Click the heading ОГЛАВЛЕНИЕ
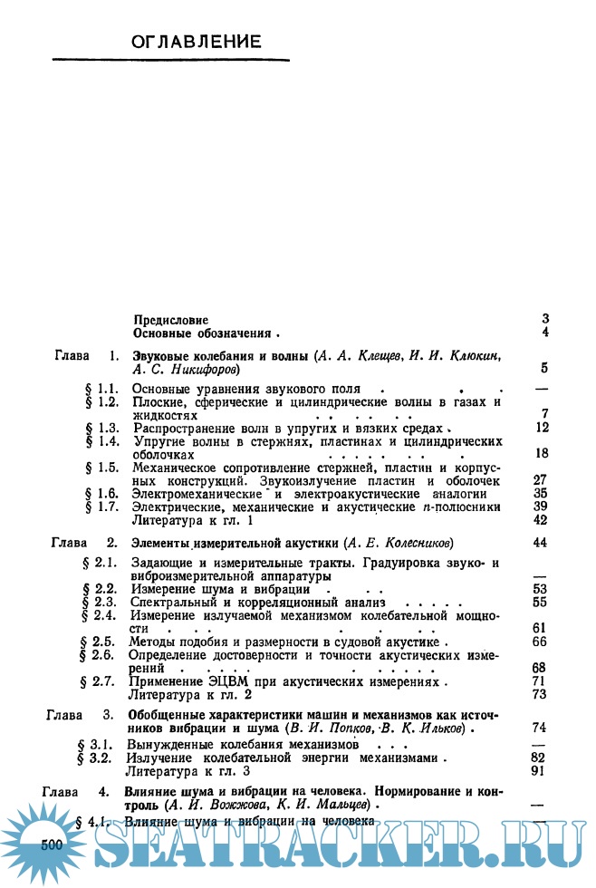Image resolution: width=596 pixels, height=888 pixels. tap(197, 42)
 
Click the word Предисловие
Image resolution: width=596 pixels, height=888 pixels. tap(170, 320)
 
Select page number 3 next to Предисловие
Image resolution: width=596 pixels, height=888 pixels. tap(545, 319)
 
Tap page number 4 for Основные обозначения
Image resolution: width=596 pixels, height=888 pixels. tap(545, 333)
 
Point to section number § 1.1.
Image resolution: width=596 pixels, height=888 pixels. tap(102, 388)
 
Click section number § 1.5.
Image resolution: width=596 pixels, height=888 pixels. tap(102, 468)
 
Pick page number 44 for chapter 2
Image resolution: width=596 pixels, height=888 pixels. tap(542, 543)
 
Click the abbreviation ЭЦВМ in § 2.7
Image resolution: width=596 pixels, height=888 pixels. tap(229, 680)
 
